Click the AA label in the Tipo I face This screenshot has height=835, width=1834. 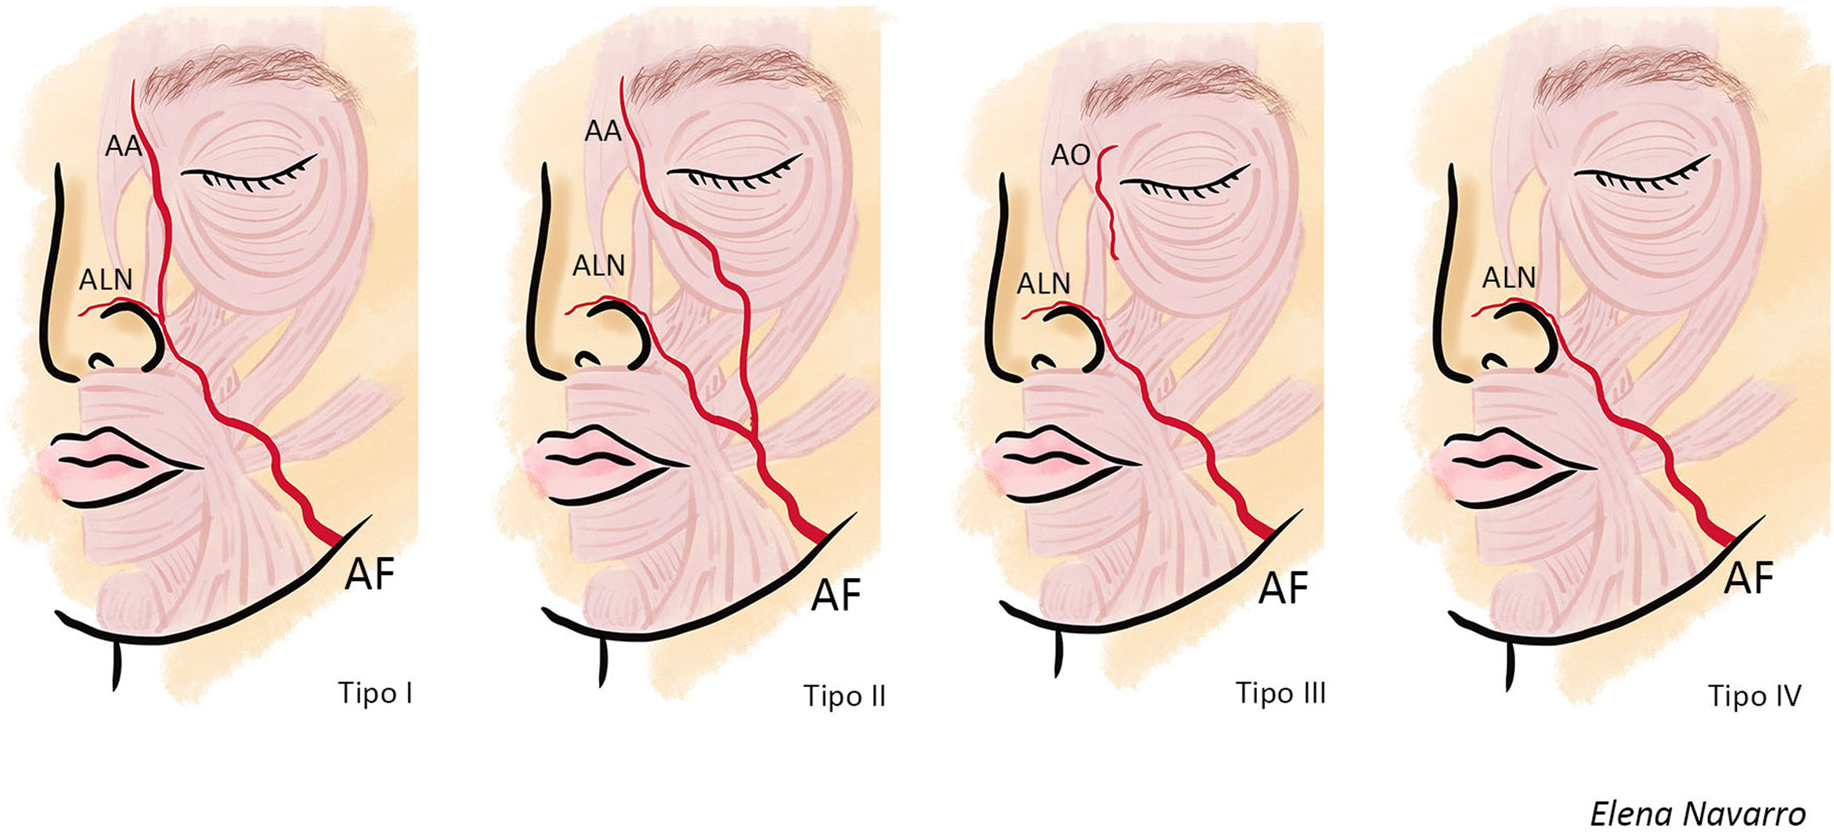pyautogui.click(x=123, y=146)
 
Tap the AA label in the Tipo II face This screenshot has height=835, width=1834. pyautogui.click(x=603, y=131)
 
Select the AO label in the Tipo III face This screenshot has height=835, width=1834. pyautogui.click(x=1070, y=155)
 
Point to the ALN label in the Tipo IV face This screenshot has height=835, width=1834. pyautogui.click(x=1508, y=277)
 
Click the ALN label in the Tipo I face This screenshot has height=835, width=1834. pyautogui.click(x=106, y=279)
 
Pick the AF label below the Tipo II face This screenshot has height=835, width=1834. pyautogui.click(x=836, y=595)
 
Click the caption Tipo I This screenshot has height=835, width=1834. pyautogui.click(x=375, y=693)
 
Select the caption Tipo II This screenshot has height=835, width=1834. pyautogui.click(x=844, y=696)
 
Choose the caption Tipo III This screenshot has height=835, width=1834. pyautogui.click(x=1280, y=693)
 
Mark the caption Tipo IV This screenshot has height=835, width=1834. pyautogui.click(x=1754, y=696)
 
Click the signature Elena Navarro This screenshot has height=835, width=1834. pyautogui.click(x=1697, y=815)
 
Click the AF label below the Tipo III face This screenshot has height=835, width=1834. pyautogui.click(x=1283, y=587)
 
